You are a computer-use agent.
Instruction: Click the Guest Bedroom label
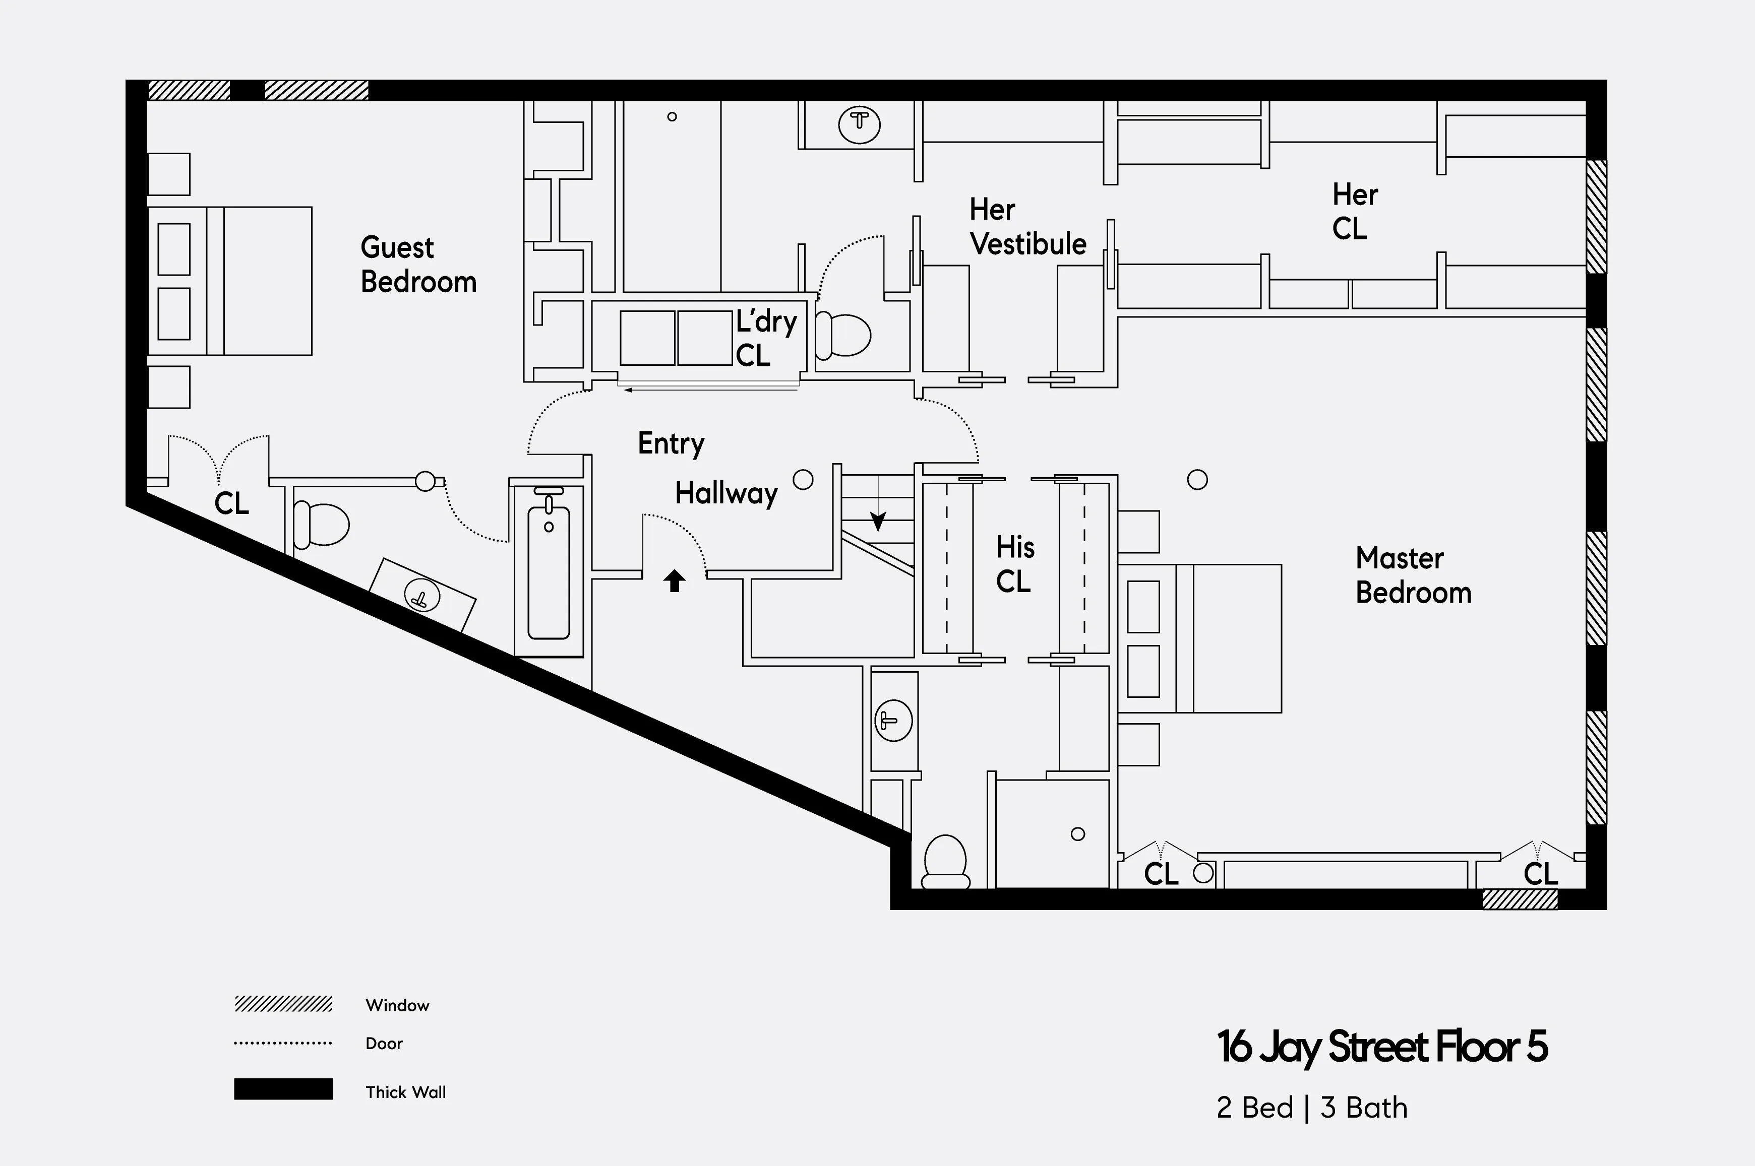tap(418, 265)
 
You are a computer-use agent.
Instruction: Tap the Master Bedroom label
tap(1413, 575)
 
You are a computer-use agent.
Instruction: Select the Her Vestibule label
tap(1027, 227)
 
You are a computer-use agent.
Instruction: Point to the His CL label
tap(1015, 564)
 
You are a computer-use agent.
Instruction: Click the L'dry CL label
tap(765, 338)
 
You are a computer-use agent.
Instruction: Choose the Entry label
tap(671, 443)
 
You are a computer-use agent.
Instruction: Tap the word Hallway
tap(726, 493)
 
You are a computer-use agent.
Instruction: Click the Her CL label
tap(1354, 211)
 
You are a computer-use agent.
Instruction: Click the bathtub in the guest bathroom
tap(549, 571)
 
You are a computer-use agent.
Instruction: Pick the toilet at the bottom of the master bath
tap(945, 863)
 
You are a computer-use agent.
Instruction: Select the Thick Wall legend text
tap(405, 1091)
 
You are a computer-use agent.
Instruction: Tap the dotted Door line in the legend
tap(283, 1043)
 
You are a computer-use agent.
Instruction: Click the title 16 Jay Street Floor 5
tap(1381, 1047)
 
